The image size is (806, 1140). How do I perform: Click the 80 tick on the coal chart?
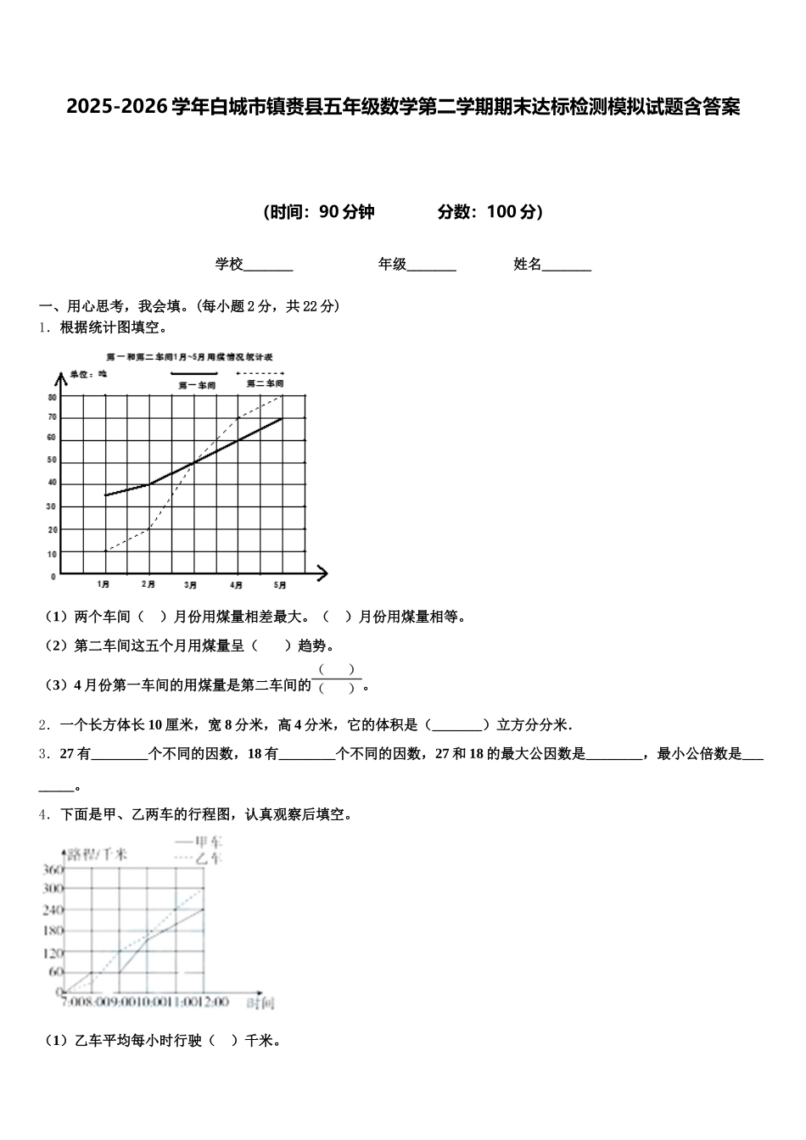53,397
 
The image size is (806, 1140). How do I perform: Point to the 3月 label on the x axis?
191,584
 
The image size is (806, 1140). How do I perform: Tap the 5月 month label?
280,584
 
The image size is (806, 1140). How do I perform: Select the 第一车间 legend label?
197,385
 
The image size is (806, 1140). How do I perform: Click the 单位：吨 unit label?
89,373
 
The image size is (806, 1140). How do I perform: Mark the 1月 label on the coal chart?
104,584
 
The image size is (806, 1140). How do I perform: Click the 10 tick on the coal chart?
53,554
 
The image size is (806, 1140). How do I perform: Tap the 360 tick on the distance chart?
53,869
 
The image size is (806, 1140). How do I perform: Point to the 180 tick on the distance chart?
53,930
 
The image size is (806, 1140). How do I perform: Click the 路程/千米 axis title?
98,854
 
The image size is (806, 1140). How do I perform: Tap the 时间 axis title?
260,1004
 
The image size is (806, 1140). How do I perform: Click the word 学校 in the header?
229,265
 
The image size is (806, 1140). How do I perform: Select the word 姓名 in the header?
528,265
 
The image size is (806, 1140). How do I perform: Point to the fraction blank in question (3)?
338,679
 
